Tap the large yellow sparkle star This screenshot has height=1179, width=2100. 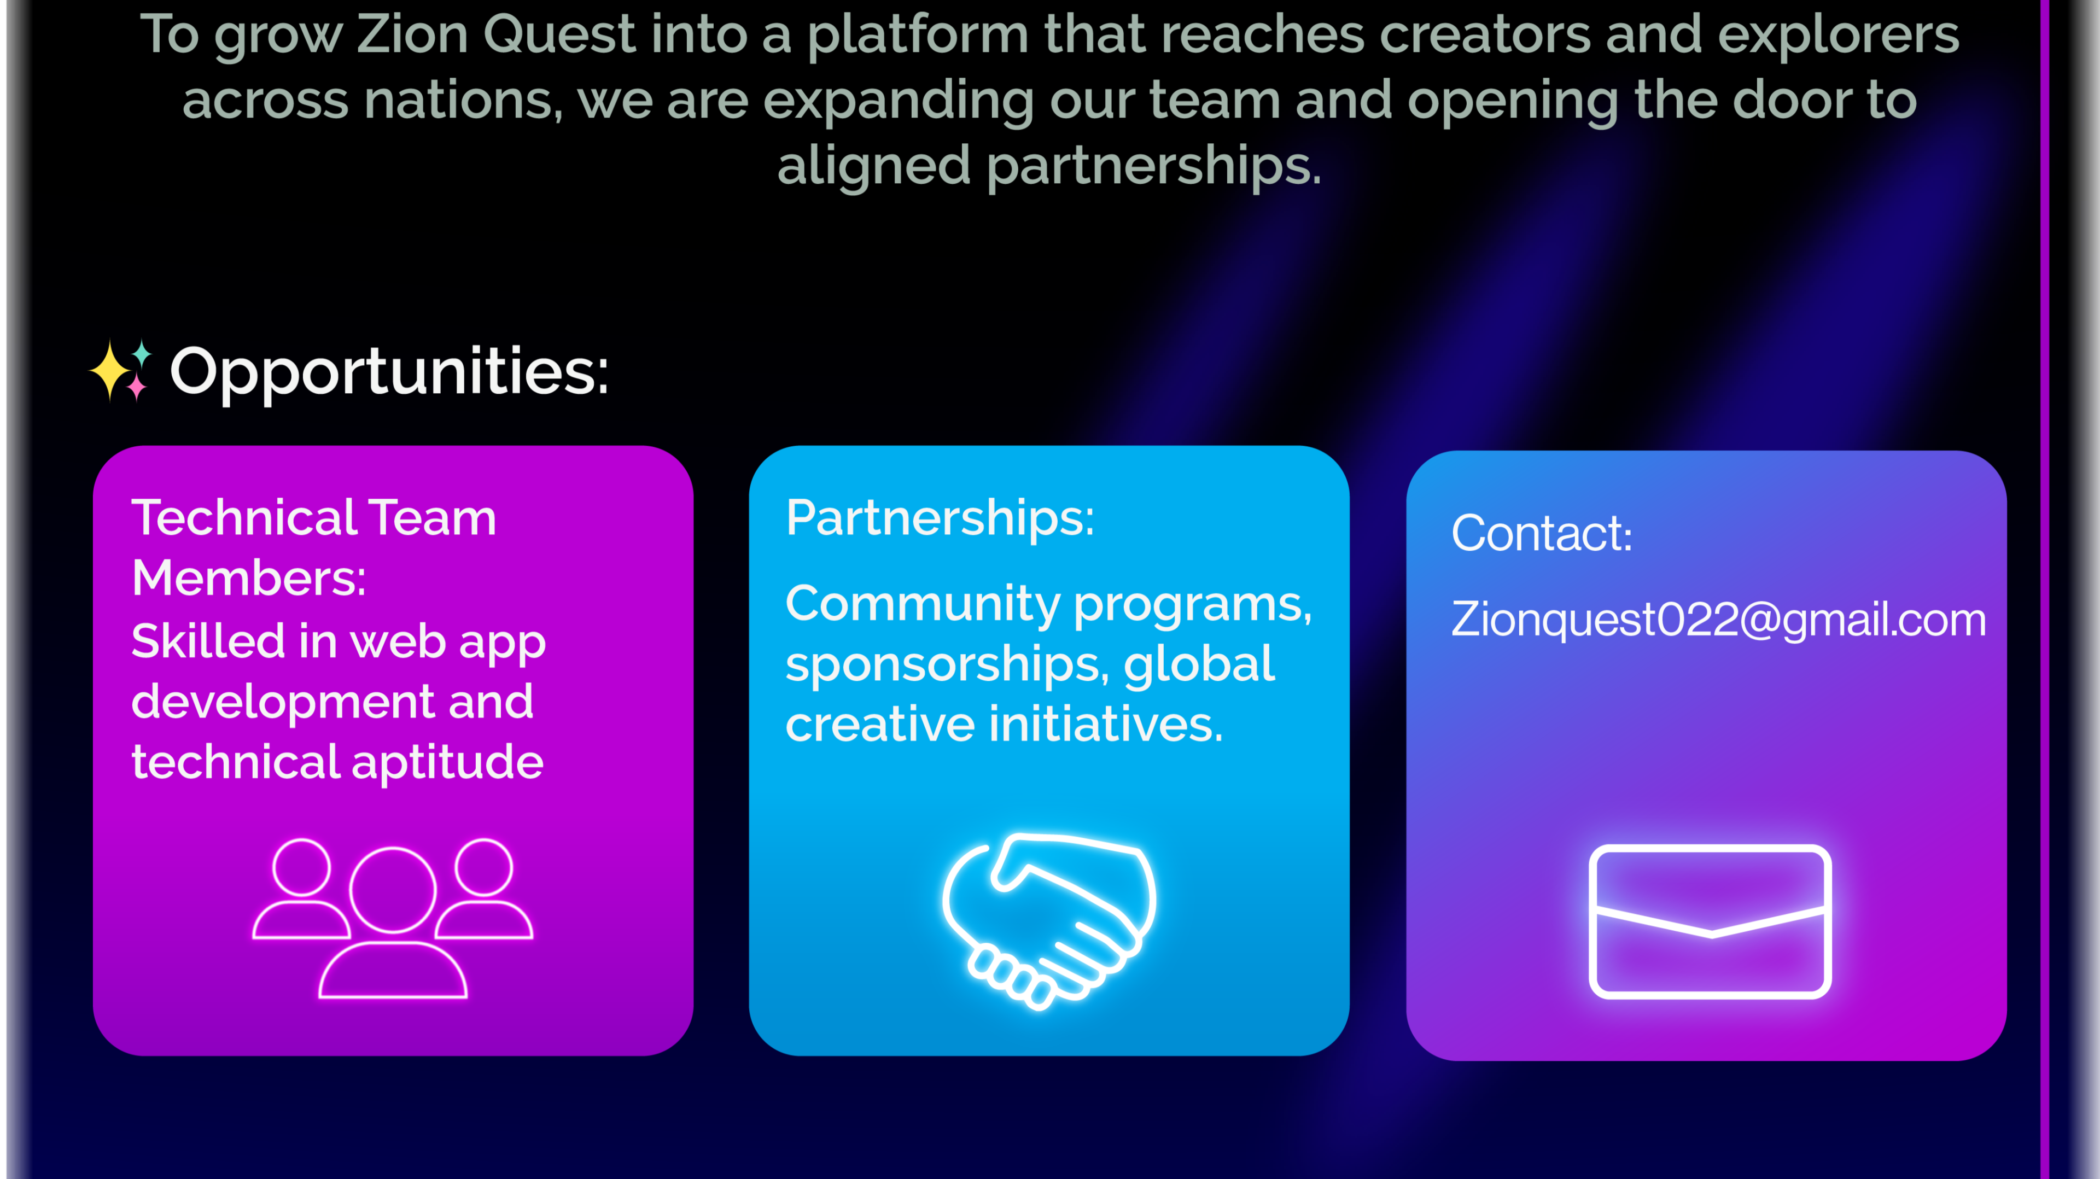pos(110,371)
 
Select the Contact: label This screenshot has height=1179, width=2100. pos(1542,534)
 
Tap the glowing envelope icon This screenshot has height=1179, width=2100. pos(1710,921)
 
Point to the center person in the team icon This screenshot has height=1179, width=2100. pos(393,922)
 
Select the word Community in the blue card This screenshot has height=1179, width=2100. pos(923,604)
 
